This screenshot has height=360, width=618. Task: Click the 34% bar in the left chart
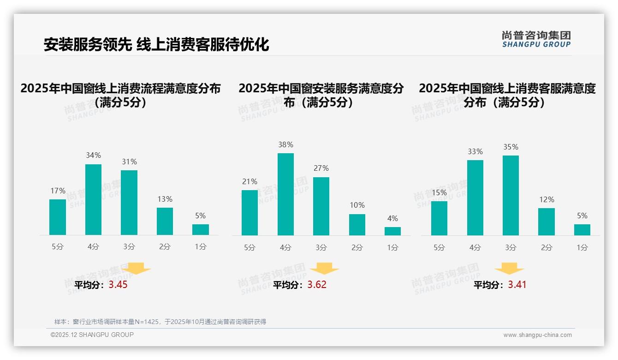click(93, 199)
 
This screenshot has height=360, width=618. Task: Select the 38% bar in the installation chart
click(285, 194)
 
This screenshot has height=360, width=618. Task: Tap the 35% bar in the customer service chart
click(511, 195)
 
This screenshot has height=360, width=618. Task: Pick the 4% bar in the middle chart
click(392, 231)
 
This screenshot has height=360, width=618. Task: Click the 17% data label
click(58, 191)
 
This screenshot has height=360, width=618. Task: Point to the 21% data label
click(250, 182)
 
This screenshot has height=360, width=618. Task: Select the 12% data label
click(547, 200)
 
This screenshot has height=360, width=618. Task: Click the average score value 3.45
click(118, 285)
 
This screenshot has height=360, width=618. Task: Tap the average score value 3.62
click(317, 285)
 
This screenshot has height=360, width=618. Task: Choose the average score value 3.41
click(517, 285)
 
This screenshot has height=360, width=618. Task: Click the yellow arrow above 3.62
click(324, 269)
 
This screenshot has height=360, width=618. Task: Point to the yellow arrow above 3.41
click(509, 269)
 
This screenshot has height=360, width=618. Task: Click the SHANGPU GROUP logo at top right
click(536, 39)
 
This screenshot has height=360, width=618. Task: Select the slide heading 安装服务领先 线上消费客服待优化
click(156, 44)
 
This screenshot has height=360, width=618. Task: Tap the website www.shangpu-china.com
click(537, 335)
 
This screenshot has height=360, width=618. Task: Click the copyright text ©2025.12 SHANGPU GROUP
click(92, 335)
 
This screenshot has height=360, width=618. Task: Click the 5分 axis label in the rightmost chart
click(439, 247)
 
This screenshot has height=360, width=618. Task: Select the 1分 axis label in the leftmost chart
click(201, 247)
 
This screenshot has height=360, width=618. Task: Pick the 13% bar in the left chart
click(165, 221)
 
